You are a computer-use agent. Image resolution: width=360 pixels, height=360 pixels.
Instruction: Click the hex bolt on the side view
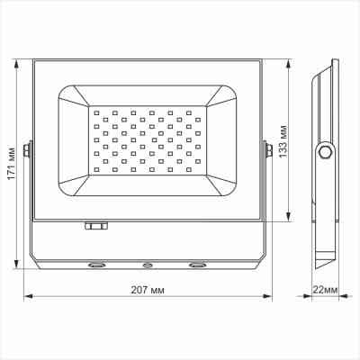pos(323,152)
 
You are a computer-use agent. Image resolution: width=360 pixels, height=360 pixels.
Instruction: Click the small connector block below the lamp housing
pos(94,228)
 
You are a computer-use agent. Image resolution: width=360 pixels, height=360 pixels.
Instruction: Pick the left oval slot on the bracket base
pos(94,265)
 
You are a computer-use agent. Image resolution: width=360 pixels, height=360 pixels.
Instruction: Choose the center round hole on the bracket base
pos(147,265)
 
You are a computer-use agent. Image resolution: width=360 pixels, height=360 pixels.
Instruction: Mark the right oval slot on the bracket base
pos(196,265)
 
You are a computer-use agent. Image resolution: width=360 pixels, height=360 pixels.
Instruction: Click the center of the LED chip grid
pos(148,141)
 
